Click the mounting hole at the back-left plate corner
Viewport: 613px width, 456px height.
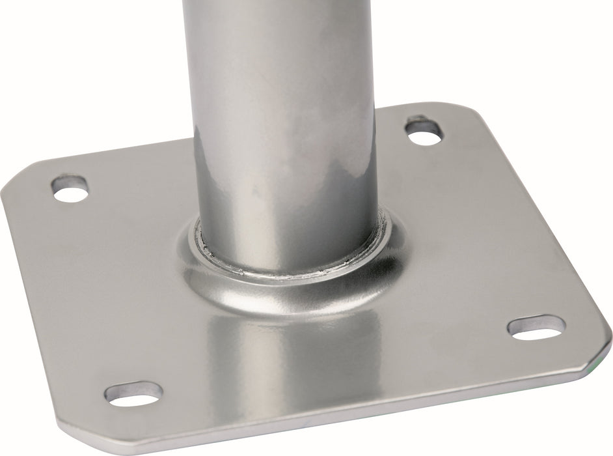pos(70,188)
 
